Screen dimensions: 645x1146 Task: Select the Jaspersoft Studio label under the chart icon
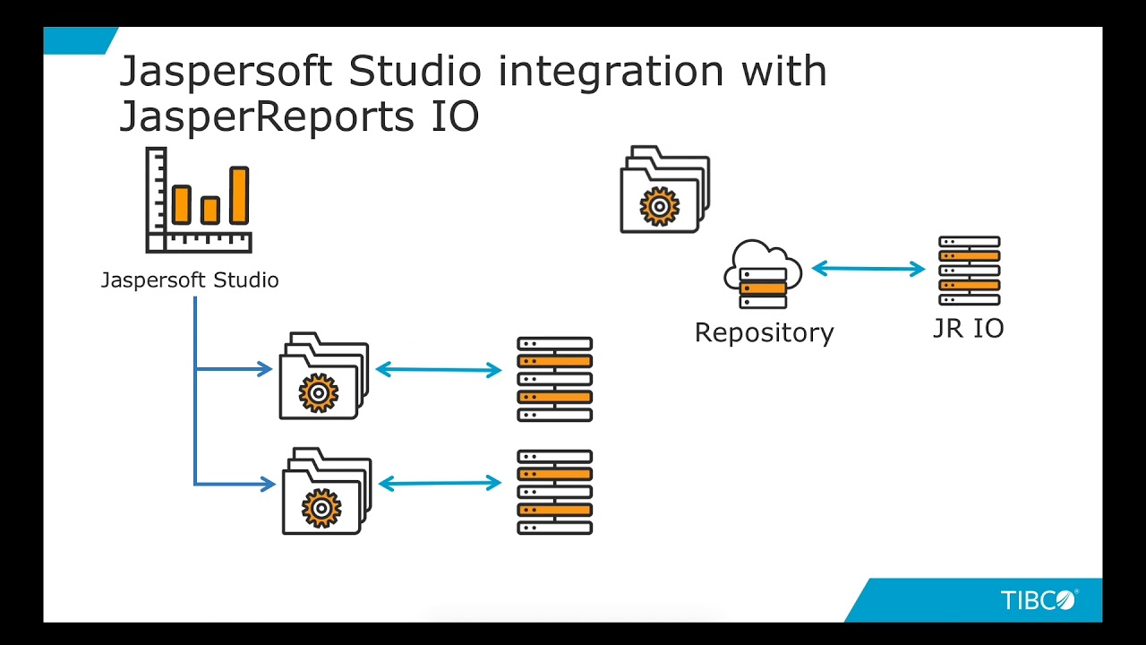190,280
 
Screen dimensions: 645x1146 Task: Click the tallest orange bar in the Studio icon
239,194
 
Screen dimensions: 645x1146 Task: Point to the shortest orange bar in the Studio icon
210,210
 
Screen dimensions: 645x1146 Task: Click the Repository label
764,332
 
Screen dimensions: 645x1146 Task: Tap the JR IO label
968,329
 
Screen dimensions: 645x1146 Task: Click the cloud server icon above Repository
763,273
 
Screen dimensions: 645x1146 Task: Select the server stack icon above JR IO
969,271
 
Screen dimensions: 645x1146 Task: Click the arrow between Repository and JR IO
868,268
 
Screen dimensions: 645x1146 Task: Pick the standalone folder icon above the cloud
664,190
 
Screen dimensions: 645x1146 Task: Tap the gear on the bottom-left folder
321,507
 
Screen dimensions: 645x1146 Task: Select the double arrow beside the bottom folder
440,484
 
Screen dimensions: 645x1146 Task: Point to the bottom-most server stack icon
554,493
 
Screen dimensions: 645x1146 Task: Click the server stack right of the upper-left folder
554,379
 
